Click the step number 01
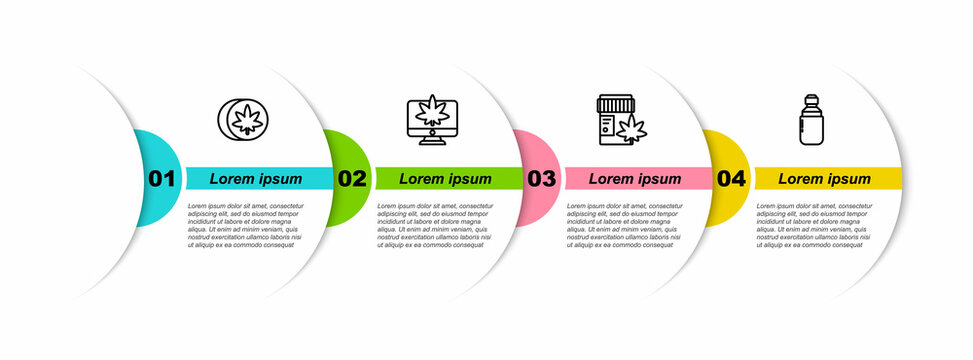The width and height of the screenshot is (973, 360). click(x=162, y=179)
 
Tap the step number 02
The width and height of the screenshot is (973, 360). click(x=352, y=179)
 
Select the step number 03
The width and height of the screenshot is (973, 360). click(x=541, y=179)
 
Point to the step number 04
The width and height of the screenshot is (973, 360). click(x=731, y=179)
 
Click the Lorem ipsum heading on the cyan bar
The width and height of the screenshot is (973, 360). click(x=256, y=179)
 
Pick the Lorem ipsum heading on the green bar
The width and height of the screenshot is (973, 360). click(x=446, y=179)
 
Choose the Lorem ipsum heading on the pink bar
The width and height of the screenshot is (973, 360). click(x=635, y=179)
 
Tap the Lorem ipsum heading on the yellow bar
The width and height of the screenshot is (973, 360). click(x=825, y=179)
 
